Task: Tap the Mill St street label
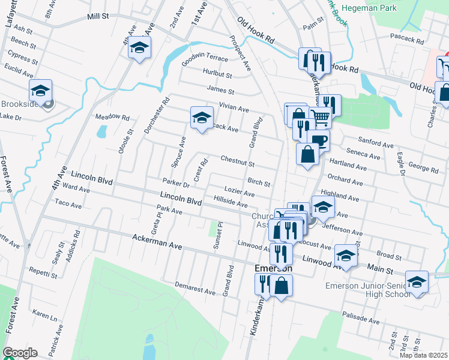point(100,17)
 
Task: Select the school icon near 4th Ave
point(139,49)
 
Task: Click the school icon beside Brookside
point(40,91)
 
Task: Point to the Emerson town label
point(273,268)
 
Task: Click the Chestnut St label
point(237,161)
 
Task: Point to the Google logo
point(20,353)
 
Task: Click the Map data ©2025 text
point(423,355)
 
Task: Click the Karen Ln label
point(44,314)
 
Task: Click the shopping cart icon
point(321,118)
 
